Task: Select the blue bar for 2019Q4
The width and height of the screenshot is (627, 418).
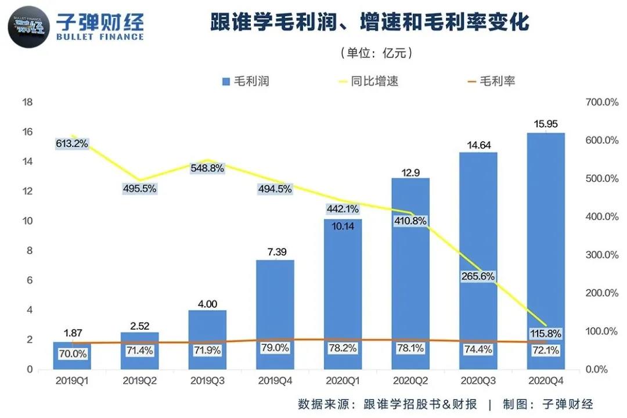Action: (x=275, y=302)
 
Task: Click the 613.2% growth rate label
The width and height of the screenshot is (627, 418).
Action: (x=72, y=143)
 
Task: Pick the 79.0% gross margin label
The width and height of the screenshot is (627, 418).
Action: (x=275, y=348)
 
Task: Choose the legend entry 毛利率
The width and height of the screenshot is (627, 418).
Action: (x=491, y=81)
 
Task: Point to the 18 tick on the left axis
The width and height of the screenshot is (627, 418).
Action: (x=27, y=103)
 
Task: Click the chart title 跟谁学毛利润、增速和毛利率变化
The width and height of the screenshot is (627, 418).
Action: (x=370, y=23)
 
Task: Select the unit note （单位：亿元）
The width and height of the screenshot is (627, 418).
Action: (x=376, y=53)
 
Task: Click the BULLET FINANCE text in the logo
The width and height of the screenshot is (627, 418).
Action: (x=100, y=37)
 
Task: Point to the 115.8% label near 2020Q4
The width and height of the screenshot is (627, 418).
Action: (x=546, y=334)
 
